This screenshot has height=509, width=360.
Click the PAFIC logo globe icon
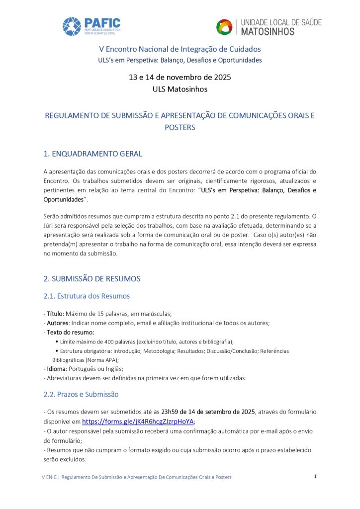72,26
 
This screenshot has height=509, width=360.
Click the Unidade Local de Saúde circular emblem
224,27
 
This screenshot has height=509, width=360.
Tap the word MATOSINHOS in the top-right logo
268,32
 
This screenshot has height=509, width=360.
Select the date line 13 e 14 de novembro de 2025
180,77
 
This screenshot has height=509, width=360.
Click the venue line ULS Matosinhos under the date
180,89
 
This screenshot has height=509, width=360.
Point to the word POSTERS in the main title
180,127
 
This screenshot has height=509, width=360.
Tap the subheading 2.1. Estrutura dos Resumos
87,296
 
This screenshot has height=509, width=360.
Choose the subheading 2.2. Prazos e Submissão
81,394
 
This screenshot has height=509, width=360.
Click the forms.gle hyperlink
138,421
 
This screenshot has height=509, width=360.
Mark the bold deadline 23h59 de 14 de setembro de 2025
208,412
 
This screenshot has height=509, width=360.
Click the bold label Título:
55,314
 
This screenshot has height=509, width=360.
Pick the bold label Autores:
58,323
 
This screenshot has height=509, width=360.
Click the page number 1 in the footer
315,476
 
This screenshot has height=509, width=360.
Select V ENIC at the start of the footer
49,477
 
